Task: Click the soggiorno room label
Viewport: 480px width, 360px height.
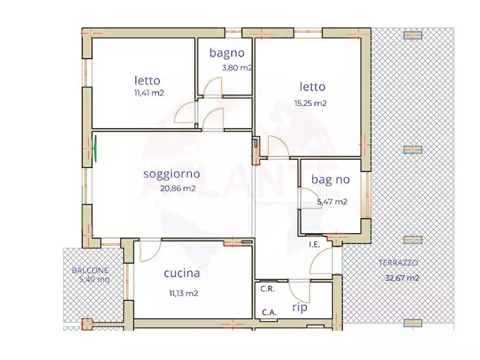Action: pos(171,174)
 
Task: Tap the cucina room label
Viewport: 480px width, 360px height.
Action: pos(182,273)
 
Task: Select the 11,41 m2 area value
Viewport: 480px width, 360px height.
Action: pos(149,92)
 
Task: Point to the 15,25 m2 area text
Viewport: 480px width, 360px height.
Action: pos(310,103)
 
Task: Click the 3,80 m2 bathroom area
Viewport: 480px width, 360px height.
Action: pos(237,68)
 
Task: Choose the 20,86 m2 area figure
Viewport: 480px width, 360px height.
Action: pos(177,188)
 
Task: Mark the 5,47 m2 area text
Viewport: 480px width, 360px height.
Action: pos(332,202)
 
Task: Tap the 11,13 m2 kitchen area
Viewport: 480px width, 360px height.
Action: pos(183,293)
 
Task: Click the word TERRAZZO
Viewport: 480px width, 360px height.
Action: pos(398,263)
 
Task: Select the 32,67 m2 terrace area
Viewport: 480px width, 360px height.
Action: pos(402,278)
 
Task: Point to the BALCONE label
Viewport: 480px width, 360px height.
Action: pos(90,270)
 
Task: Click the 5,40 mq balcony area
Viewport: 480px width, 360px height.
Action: pos(95,279)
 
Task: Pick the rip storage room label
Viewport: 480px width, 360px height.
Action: pos(299,308)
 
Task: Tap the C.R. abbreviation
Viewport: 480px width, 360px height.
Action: pos(268,289)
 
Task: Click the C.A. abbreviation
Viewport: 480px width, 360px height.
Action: pos(269,312)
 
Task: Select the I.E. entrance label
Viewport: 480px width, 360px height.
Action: pos(314,244)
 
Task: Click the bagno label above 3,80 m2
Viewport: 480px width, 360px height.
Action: pos(227,53)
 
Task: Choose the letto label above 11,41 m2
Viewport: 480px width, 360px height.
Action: pos(147,81)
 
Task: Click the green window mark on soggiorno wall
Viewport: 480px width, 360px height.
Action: pos(96,149)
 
